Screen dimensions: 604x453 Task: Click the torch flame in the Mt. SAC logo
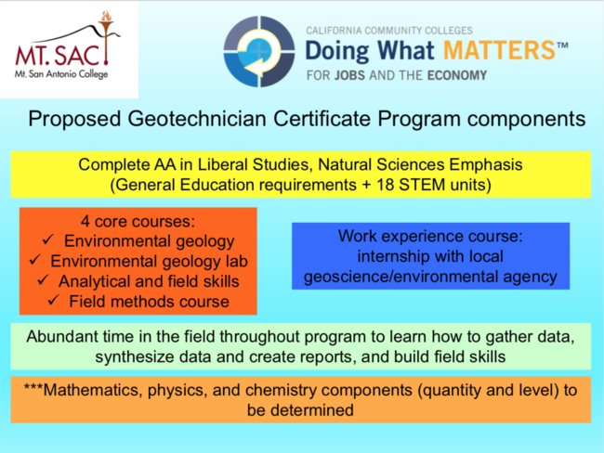[106, 16]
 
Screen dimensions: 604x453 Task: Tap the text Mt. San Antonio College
[61, 74]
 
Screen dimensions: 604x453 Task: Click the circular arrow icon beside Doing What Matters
[259, 51]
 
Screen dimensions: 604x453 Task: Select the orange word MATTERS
[499, 50]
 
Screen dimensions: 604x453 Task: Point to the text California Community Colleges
[389, 31]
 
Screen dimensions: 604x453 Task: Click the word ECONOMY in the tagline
[457, 75]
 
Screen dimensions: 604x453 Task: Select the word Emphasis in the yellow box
[486, 164]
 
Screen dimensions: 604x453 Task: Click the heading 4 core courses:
[138, 221]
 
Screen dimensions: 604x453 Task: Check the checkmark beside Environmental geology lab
[35, 259]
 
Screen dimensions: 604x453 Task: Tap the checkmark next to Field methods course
[53, 300]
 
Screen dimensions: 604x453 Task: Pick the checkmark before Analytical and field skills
[43, 279]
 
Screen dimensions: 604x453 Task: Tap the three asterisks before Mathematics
[33, 387]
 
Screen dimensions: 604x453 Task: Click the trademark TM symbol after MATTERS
[562, 45]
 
